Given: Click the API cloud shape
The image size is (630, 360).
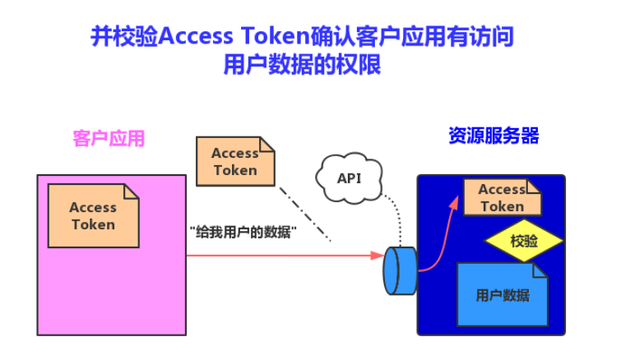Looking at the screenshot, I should (349, 178).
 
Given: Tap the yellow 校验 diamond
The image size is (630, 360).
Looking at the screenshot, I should (523, 241).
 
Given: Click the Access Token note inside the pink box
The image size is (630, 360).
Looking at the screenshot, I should (93, 215).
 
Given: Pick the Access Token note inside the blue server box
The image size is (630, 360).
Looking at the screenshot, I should (502, 197).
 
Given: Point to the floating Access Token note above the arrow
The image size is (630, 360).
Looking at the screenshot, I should (234, 161).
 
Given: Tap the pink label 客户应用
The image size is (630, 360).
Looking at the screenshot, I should (109, 138).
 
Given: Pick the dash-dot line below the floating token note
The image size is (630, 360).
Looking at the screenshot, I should (304, 214).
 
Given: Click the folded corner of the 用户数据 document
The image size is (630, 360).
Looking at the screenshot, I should (540, 270).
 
